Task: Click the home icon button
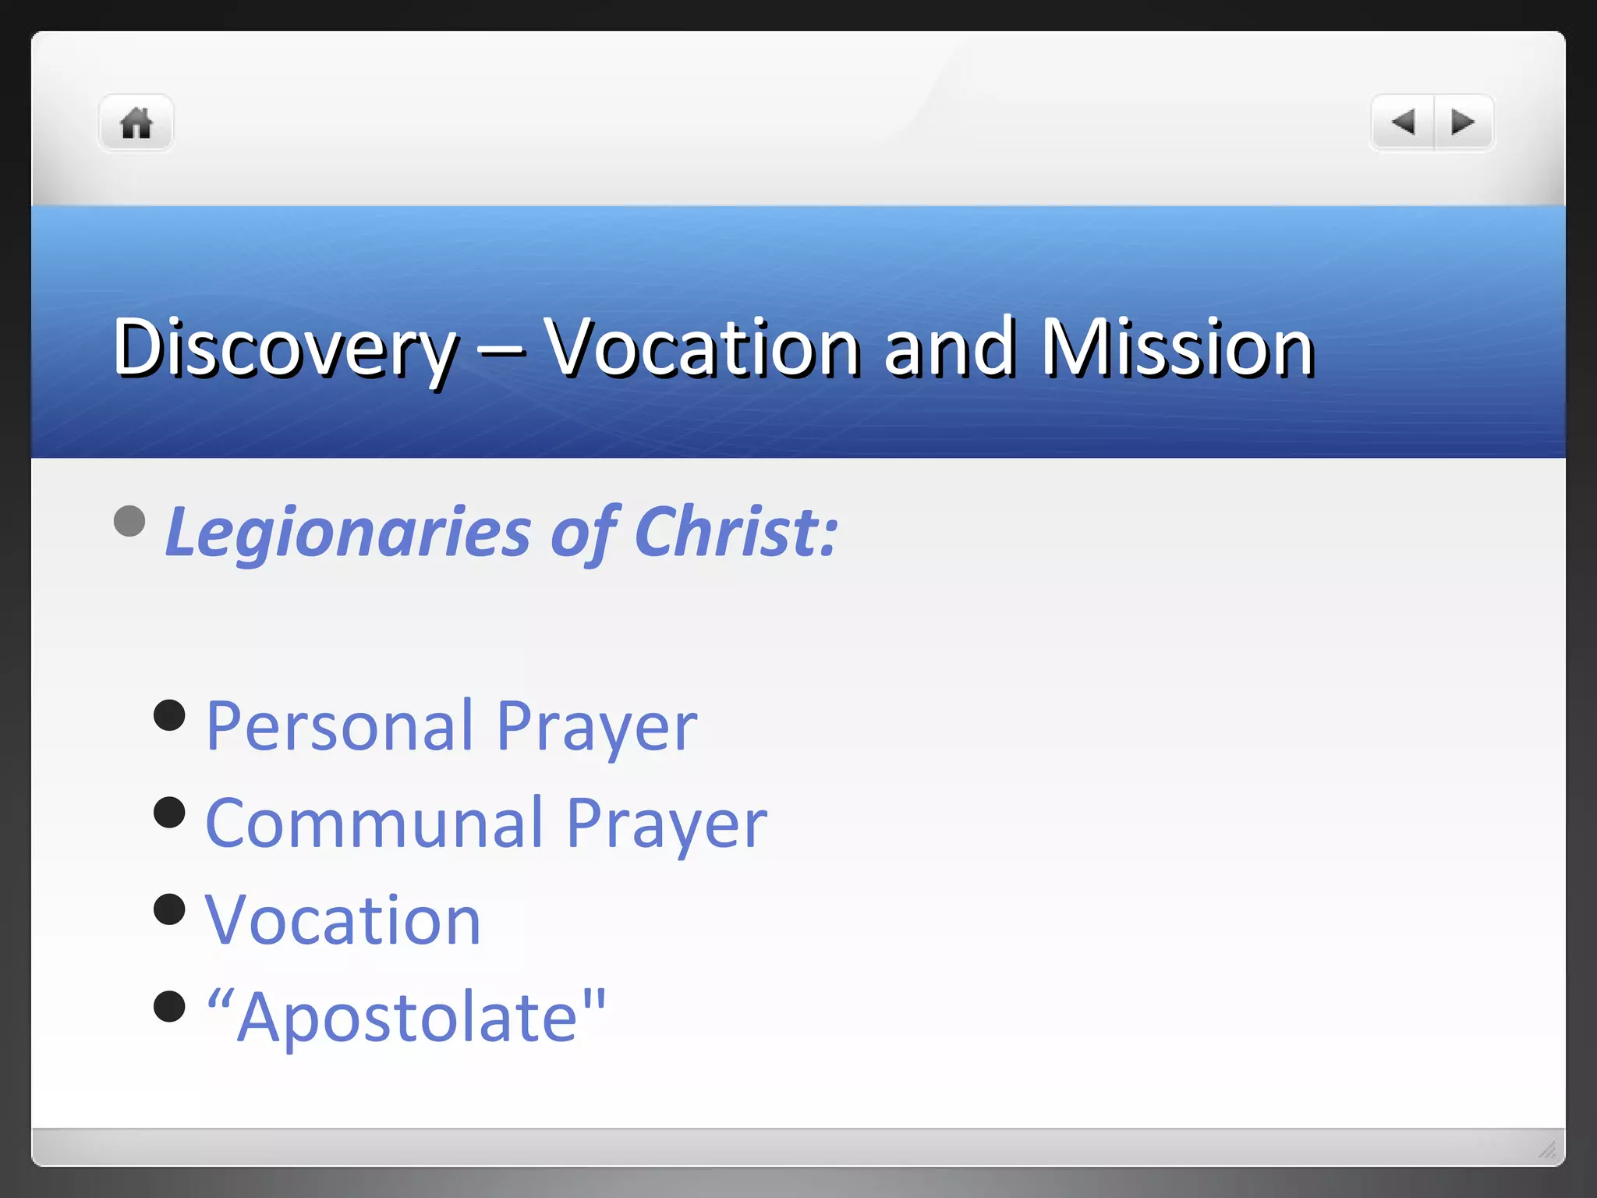136,123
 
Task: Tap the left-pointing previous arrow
1403,122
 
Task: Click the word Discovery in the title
285,348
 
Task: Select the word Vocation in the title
702,348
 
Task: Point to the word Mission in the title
1177,348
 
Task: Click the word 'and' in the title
949,348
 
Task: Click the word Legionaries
348,533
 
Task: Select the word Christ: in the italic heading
736,533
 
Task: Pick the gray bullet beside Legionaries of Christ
129,521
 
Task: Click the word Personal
340,727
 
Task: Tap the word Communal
374,824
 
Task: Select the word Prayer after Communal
667,824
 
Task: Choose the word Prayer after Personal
597,727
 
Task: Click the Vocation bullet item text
343,920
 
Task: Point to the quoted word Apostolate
406,1017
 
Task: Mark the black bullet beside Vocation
169,909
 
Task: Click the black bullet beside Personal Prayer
169,715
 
